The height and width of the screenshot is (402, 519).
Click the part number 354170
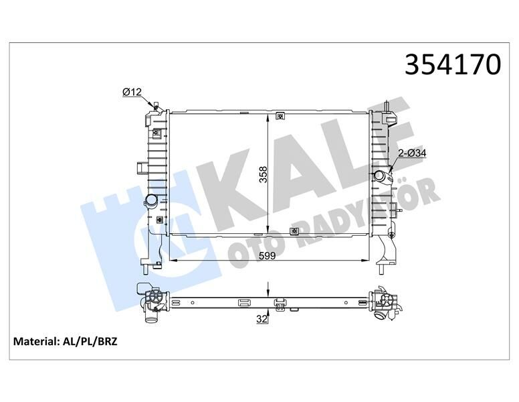[x=453, y=64]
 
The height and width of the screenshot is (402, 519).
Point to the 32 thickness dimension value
[x=262, y=320]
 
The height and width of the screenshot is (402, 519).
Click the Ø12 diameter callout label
[x=132, y=92]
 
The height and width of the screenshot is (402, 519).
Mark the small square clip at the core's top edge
[x=280, y=115]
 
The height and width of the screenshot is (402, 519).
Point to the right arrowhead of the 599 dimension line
[x=366, y=260]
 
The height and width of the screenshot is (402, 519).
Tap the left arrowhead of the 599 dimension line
[x=169, y=260]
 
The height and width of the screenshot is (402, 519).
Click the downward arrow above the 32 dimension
[x=269, y=289]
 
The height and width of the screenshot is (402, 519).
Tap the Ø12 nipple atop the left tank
[x=156, y=106]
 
